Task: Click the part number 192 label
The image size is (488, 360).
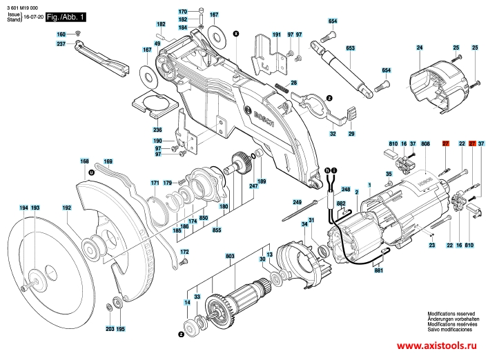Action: pyautogui.click(x=67, y=208)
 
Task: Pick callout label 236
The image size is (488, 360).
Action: pyautogui.click(x=157, y=130)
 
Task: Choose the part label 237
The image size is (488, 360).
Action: pyautogui.click(x=61, y=44)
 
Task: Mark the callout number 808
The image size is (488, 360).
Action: pyautogui.click(x=427, y=143)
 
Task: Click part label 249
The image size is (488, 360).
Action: pyautogui.click(x=297, y=201)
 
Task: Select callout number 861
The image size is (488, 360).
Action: pyautogui.click(x=378, y=272)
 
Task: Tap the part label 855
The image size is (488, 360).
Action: pyautogui.click(x=217, y=229)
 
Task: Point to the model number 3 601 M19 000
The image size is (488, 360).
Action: pyautogui.click(x=23, y=6)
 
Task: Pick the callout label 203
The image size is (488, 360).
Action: pyautogui.click(x=110, y=329)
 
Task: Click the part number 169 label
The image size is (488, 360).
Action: pyautogui.click(x=108, y=162)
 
